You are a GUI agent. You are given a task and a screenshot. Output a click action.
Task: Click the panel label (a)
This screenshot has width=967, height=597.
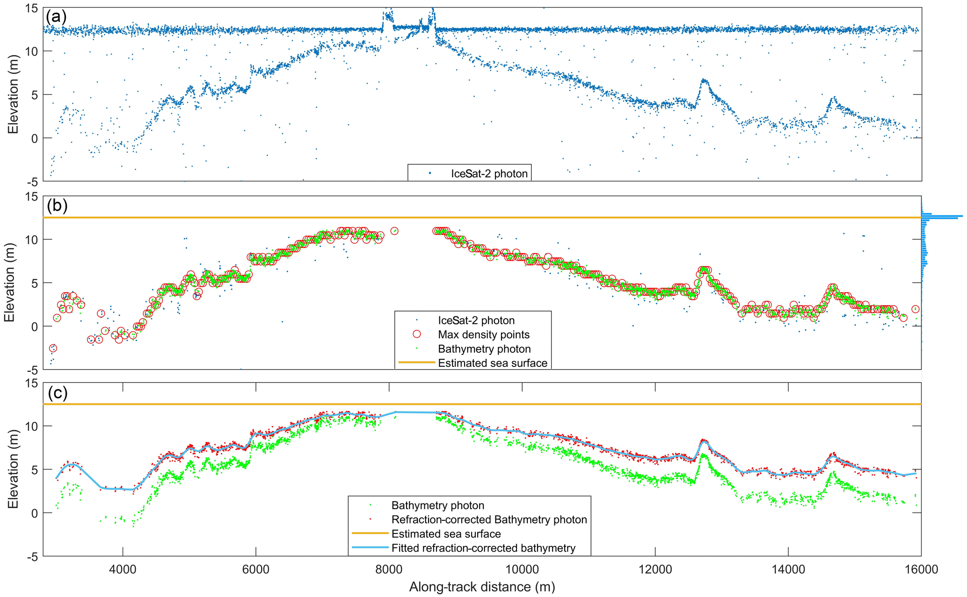tap(56, 17)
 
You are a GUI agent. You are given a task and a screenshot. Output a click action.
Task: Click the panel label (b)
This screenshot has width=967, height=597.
tap(57, 206)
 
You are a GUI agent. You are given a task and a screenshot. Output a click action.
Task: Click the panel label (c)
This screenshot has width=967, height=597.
tap(58, 393)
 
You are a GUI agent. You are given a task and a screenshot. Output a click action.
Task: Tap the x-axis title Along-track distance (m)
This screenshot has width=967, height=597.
tap(482, 587)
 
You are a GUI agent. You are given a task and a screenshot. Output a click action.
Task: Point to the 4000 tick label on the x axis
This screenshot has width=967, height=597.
tap(123, 569)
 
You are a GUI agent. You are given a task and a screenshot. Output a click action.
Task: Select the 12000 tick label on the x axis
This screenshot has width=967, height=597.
tap(655, 569)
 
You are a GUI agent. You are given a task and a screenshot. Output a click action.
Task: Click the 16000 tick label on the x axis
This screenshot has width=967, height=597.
tap(921, 569)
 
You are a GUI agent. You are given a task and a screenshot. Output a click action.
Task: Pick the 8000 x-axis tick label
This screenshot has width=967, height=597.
tap(389, 569)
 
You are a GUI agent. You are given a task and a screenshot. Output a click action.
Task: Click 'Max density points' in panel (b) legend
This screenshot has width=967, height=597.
tap(484, 335)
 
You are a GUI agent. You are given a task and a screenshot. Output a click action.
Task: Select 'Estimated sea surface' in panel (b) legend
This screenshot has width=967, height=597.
tap(493, 363)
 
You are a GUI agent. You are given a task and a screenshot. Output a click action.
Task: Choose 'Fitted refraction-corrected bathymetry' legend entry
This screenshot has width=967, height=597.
tap(483, 548)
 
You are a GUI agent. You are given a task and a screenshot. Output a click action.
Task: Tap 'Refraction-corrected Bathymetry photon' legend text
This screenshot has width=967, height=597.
tap(489, 519)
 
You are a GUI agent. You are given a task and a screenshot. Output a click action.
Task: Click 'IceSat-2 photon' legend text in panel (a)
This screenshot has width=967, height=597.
tap(489, 174)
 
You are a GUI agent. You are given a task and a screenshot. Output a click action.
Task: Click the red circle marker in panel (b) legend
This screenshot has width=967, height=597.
tap(417, 334)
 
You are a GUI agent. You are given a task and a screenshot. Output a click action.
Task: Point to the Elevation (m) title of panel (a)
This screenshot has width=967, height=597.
tap(13, 94)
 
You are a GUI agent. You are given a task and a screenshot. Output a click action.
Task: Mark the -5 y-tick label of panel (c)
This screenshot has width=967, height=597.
tap(31, 557)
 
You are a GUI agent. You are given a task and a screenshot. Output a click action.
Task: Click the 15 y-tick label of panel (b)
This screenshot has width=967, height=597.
tap(31, 197)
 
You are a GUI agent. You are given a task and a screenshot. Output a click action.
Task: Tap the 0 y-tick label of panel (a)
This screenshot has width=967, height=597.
tap(35, 138)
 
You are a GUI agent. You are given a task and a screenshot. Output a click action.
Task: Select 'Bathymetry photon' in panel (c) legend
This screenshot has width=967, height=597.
tap(437, 505)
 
